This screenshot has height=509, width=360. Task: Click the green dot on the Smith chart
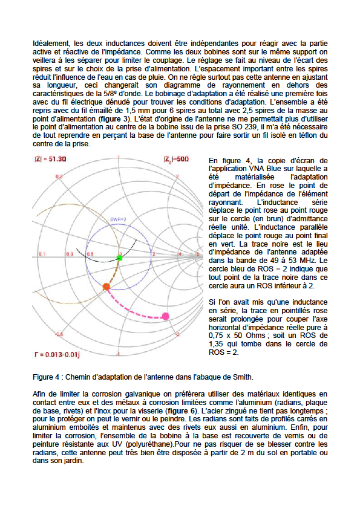119,258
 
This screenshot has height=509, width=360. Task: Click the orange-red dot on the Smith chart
106,286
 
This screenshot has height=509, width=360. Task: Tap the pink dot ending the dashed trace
166,316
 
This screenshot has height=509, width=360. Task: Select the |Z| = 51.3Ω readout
49,160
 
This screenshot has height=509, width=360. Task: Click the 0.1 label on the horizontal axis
41,254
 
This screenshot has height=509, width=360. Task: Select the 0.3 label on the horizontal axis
70,254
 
